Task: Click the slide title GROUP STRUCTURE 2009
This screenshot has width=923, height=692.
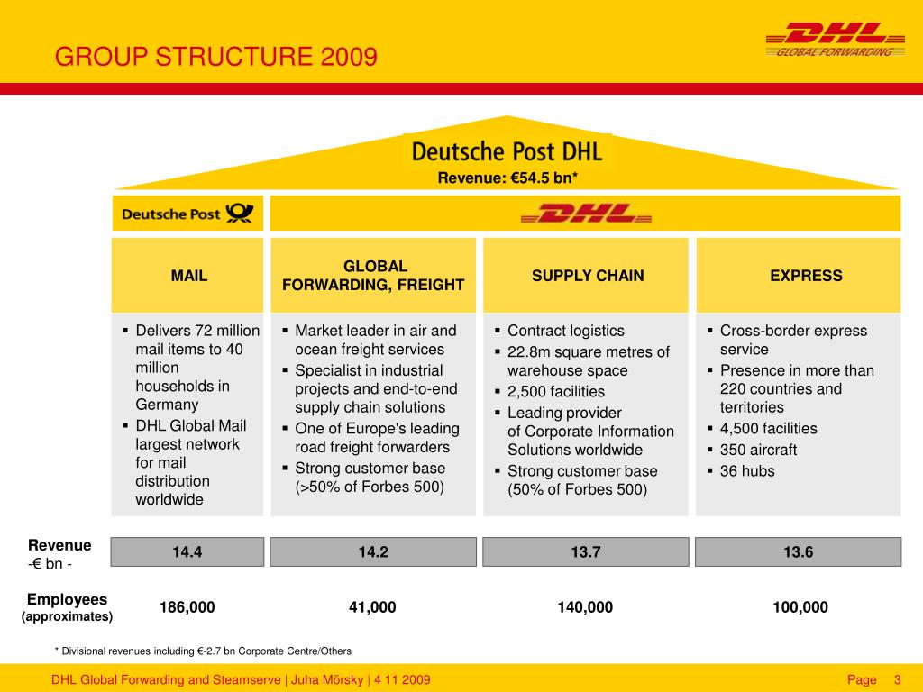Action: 216,59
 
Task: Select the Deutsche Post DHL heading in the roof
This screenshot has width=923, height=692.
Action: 507,150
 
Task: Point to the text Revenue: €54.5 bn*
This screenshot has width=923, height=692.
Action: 507,178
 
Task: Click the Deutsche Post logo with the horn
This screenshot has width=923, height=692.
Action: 187,214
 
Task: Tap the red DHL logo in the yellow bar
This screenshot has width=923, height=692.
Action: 586,214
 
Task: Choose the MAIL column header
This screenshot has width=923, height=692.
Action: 189,276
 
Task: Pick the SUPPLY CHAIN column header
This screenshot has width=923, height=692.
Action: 588,276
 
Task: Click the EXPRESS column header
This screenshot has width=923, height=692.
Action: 806,276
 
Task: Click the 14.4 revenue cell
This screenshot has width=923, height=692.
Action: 187,552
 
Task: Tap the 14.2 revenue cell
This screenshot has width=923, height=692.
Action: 373,552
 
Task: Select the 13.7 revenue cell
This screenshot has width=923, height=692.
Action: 586,552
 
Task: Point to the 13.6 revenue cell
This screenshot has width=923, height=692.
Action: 799,552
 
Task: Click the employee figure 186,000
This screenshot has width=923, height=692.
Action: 187,607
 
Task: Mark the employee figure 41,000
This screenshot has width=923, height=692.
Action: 372,607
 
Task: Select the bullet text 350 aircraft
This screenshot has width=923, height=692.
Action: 758,450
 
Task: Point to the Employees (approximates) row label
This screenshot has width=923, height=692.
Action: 67,607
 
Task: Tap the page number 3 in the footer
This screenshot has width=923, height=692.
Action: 898,679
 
